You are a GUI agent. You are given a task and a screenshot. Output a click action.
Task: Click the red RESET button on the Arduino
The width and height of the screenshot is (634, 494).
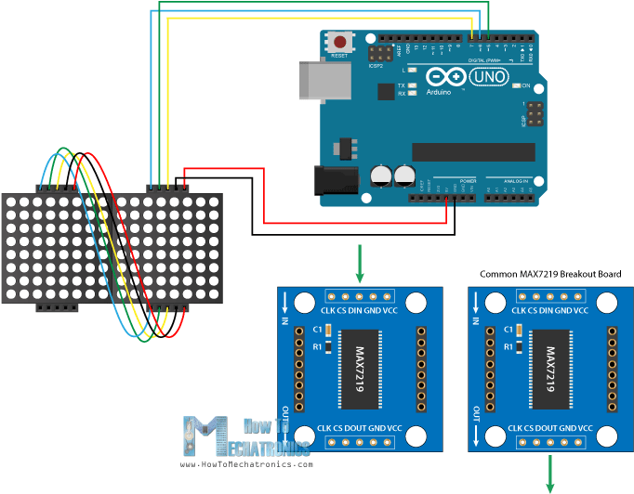(x=341, y=42)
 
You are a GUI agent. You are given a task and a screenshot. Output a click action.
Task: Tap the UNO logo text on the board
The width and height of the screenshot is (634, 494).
(x=490, y=77)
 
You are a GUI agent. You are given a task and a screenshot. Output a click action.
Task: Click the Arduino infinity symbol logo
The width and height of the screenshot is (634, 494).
(x=442, y=77)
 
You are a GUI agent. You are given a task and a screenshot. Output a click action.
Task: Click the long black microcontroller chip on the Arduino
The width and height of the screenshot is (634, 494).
(x=473, y=151)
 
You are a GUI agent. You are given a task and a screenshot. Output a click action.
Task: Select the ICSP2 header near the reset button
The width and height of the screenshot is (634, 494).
(x=380, y=53)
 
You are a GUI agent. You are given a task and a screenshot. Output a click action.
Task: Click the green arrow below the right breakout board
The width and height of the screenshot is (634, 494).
(x=549, y=473)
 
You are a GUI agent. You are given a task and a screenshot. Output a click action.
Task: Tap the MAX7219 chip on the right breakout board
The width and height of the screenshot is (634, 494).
(x=548, y=370)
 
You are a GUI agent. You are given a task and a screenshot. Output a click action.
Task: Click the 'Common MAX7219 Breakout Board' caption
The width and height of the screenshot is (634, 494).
(x=549, y=275)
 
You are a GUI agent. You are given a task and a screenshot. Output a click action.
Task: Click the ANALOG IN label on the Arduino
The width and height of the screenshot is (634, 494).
(x=517, y=180)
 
